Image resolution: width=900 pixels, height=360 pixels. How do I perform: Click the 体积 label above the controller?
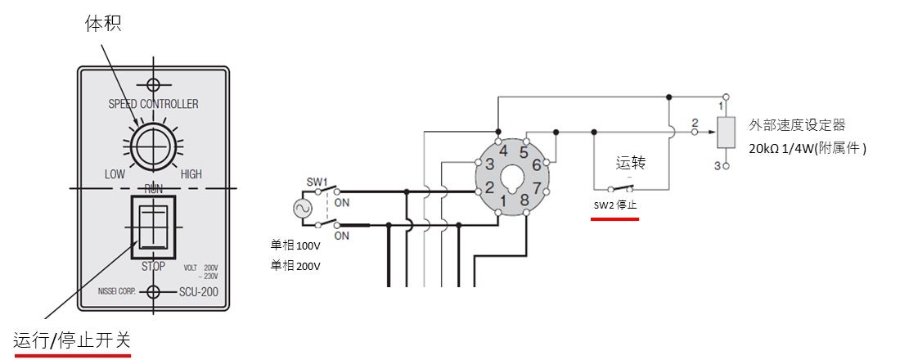click(103, 24)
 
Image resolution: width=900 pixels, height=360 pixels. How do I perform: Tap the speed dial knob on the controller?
click(153, 148)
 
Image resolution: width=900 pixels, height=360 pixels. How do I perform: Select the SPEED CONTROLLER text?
click(153, 104)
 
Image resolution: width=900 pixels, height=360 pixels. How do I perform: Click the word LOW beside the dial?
click(115, 174)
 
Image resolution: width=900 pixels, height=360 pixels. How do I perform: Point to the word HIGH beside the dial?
click(191, 174)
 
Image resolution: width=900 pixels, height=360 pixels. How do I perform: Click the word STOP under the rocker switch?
click(153, 266)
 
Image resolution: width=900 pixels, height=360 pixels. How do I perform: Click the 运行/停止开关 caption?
click(72, 339)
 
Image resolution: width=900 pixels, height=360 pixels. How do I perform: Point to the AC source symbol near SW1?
click(301, 208)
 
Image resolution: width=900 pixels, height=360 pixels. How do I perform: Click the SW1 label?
click(317, 180)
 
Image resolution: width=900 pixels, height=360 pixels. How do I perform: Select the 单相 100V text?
click(295, 245)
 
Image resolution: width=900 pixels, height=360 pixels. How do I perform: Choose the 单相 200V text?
click(295, 265)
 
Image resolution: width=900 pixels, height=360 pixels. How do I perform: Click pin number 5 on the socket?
click(524, 151)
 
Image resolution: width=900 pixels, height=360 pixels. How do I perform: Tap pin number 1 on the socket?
click(505, 200)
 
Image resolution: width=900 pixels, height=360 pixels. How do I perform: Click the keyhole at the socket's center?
click(514, 177)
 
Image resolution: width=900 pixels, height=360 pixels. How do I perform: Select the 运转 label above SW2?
click(631, 164)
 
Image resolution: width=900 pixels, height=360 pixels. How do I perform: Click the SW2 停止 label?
click(615, 205)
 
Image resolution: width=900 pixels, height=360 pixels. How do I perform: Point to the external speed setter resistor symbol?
click(722, 133)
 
